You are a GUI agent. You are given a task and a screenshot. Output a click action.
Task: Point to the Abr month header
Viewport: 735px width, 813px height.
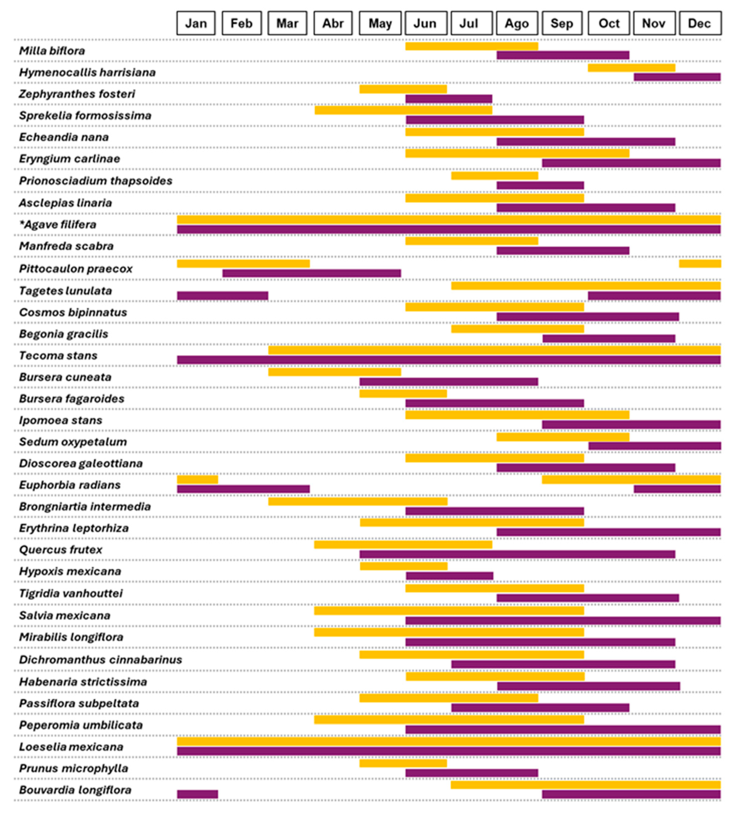333,23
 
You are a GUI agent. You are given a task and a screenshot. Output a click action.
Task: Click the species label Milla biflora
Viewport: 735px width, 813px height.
52,51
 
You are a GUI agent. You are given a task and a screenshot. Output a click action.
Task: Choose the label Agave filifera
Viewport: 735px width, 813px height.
58,225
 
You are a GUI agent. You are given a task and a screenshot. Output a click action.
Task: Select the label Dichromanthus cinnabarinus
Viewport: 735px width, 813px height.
101,660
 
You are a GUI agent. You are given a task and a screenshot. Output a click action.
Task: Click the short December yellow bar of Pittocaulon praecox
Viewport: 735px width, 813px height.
700,264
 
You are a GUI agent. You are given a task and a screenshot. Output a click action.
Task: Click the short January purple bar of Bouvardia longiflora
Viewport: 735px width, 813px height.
197,794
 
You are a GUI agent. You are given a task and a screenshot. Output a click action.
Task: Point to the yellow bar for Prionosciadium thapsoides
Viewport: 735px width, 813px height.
495,176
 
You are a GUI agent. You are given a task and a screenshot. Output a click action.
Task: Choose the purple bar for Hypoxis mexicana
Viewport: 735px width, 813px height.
450,575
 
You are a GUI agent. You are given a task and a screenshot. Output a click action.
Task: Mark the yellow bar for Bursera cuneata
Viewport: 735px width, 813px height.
334,372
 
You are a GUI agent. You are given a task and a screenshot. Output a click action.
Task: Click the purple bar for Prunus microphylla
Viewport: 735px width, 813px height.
472,773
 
